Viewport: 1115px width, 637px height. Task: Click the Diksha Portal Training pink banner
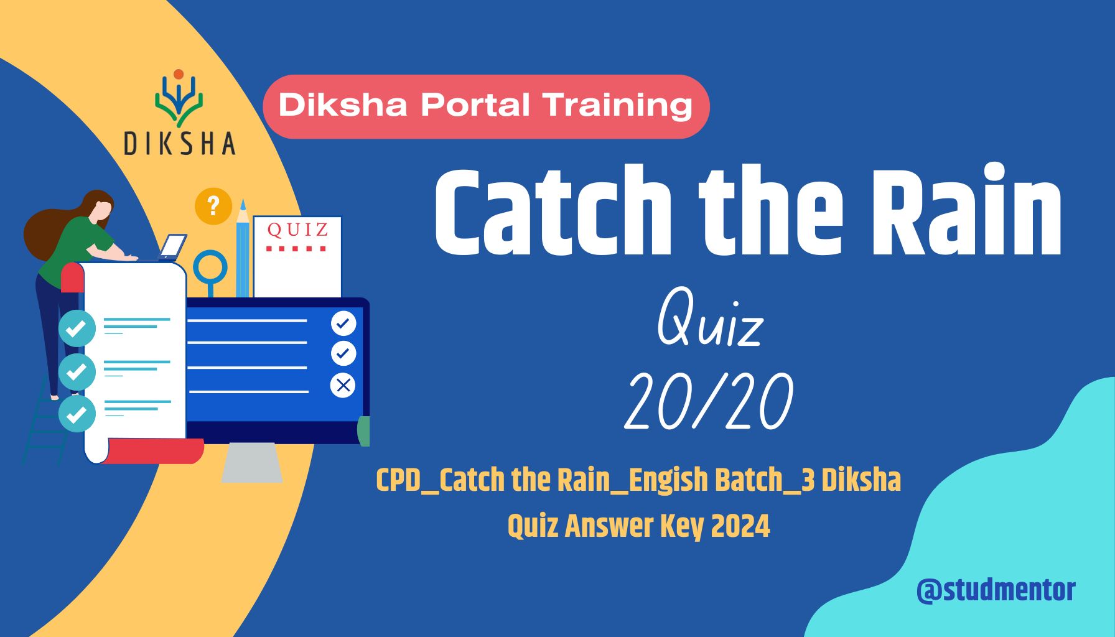click(486, 106)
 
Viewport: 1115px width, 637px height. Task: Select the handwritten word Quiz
click(709, 321)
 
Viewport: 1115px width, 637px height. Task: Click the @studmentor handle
click(996, 590)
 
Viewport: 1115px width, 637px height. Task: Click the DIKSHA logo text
click(179, 143)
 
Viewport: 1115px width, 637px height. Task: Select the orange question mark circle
click(213, 206)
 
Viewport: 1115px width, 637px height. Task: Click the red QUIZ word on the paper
click(297, 230)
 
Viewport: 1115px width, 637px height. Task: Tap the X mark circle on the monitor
click(343, 385)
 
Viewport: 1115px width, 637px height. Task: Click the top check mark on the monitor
click(343, 323)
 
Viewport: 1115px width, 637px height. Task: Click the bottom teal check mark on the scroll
click(77, 414)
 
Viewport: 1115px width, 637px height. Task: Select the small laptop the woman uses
click(172, 246)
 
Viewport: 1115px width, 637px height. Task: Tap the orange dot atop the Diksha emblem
click(179, 74)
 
